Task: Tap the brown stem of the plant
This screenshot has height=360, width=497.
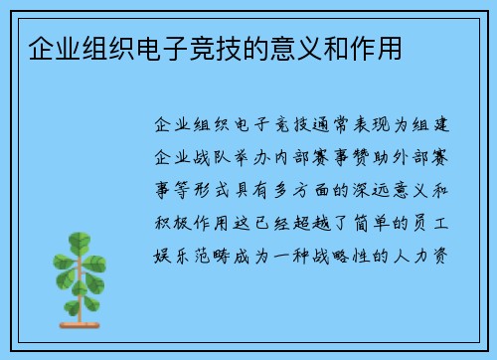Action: (79, 298)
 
